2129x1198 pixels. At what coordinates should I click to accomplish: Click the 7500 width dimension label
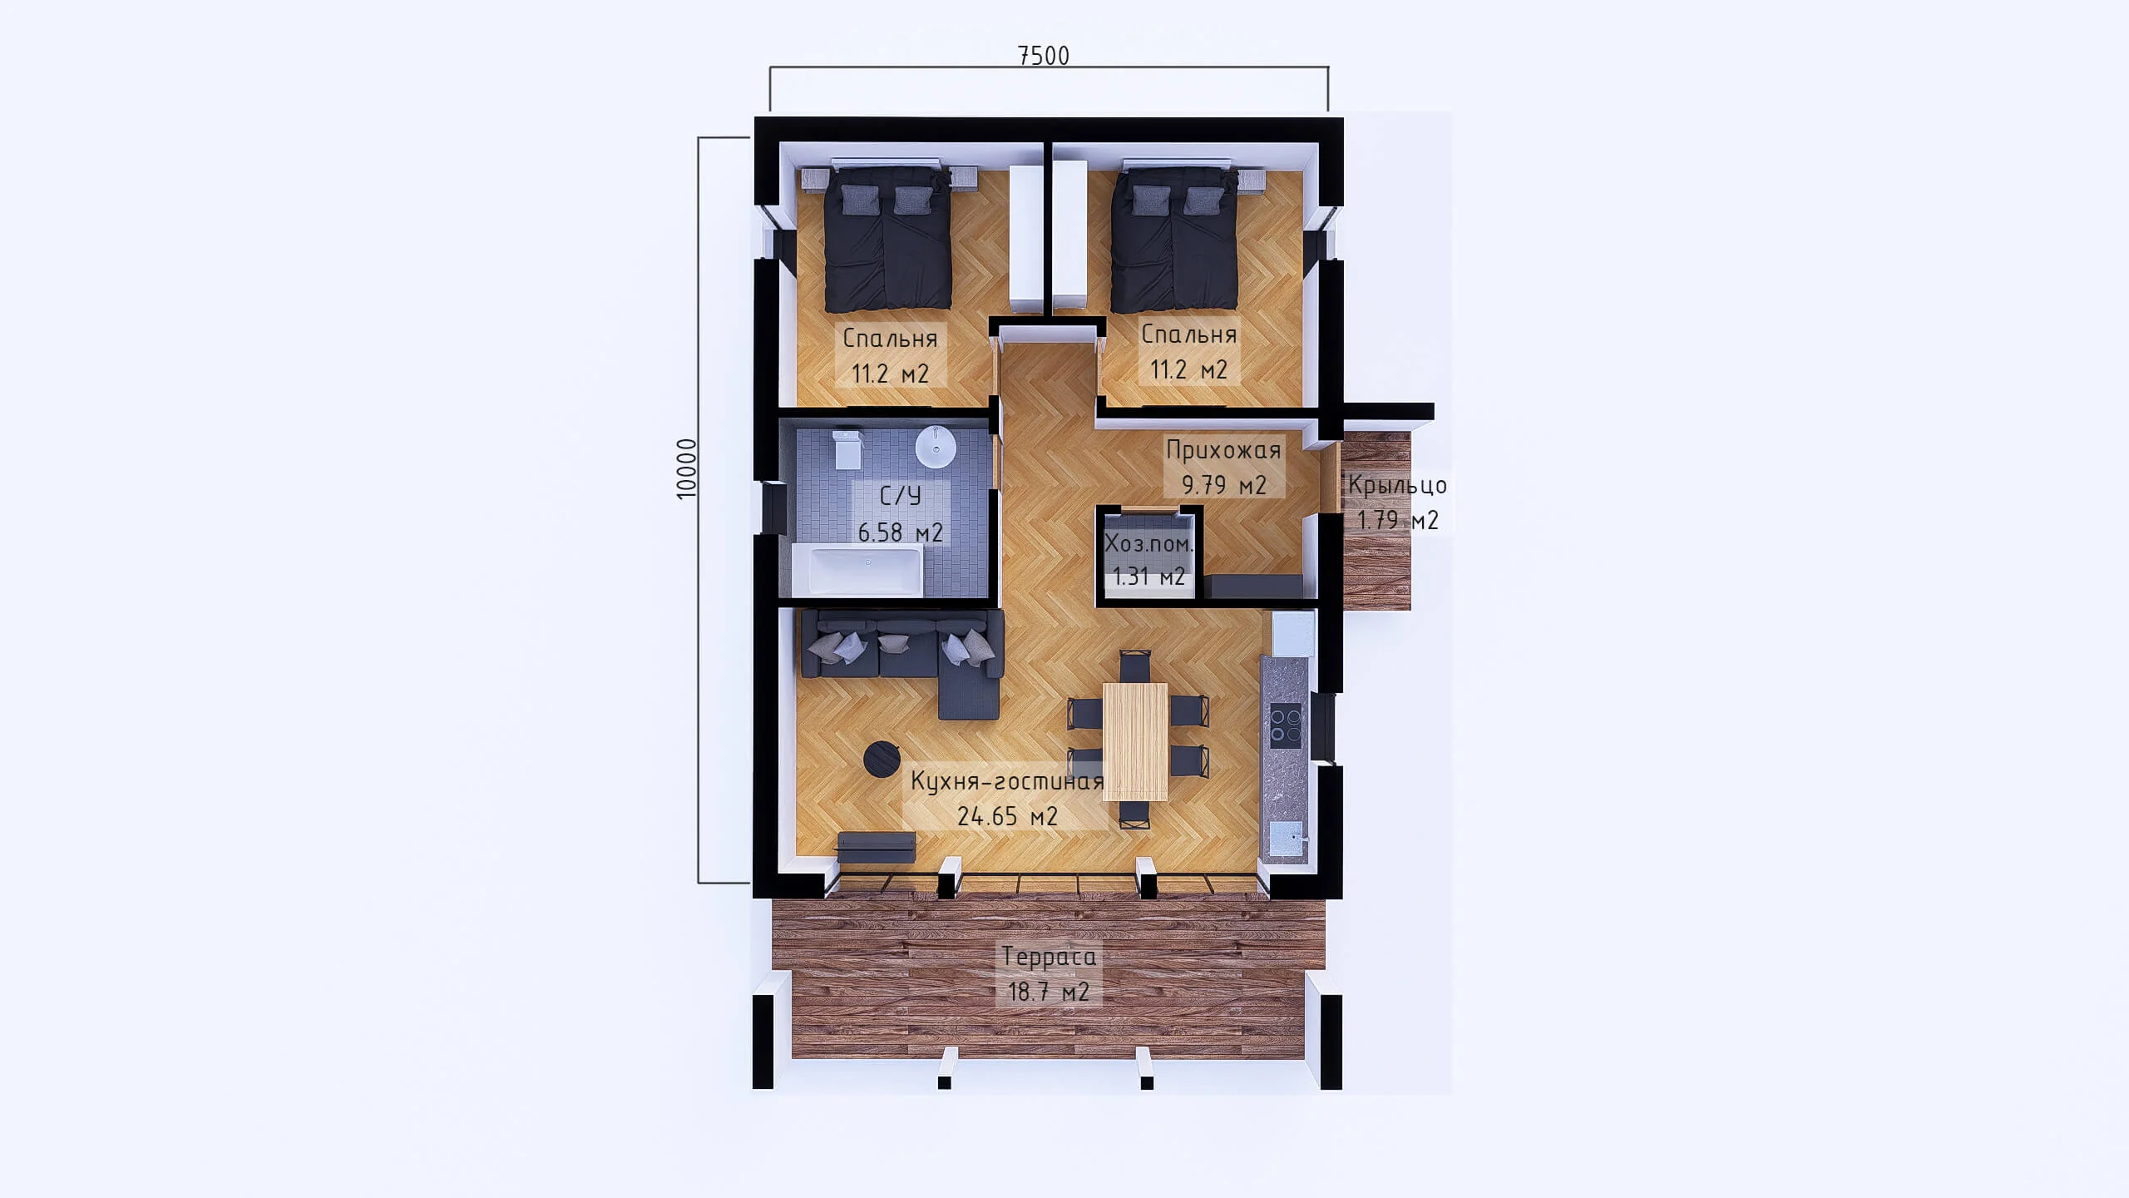pyautogui.click(x=1044, y=55)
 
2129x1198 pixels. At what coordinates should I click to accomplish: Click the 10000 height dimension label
pyautogui.click(x=686, y=468)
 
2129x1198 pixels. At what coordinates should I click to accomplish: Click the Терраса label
pyautogui.click(x=1049, y=957)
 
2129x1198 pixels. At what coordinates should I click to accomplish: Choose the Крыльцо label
pyautogui.click(x=1397, y=485)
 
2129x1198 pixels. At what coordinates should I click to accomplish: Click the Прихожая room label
pyautogui.click(x=1223, y=450)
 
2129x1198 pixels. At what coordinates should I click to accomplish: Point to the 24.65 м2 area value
pyautogui.click(x=1007, y=816)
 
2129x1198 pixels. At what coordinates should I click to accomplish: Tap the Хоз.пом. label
pyautogui.click(x=1149, y=545)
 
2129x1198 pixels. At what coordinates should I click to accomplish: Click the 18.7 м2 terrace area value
pyautogui.click(x=1049, y=992)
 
